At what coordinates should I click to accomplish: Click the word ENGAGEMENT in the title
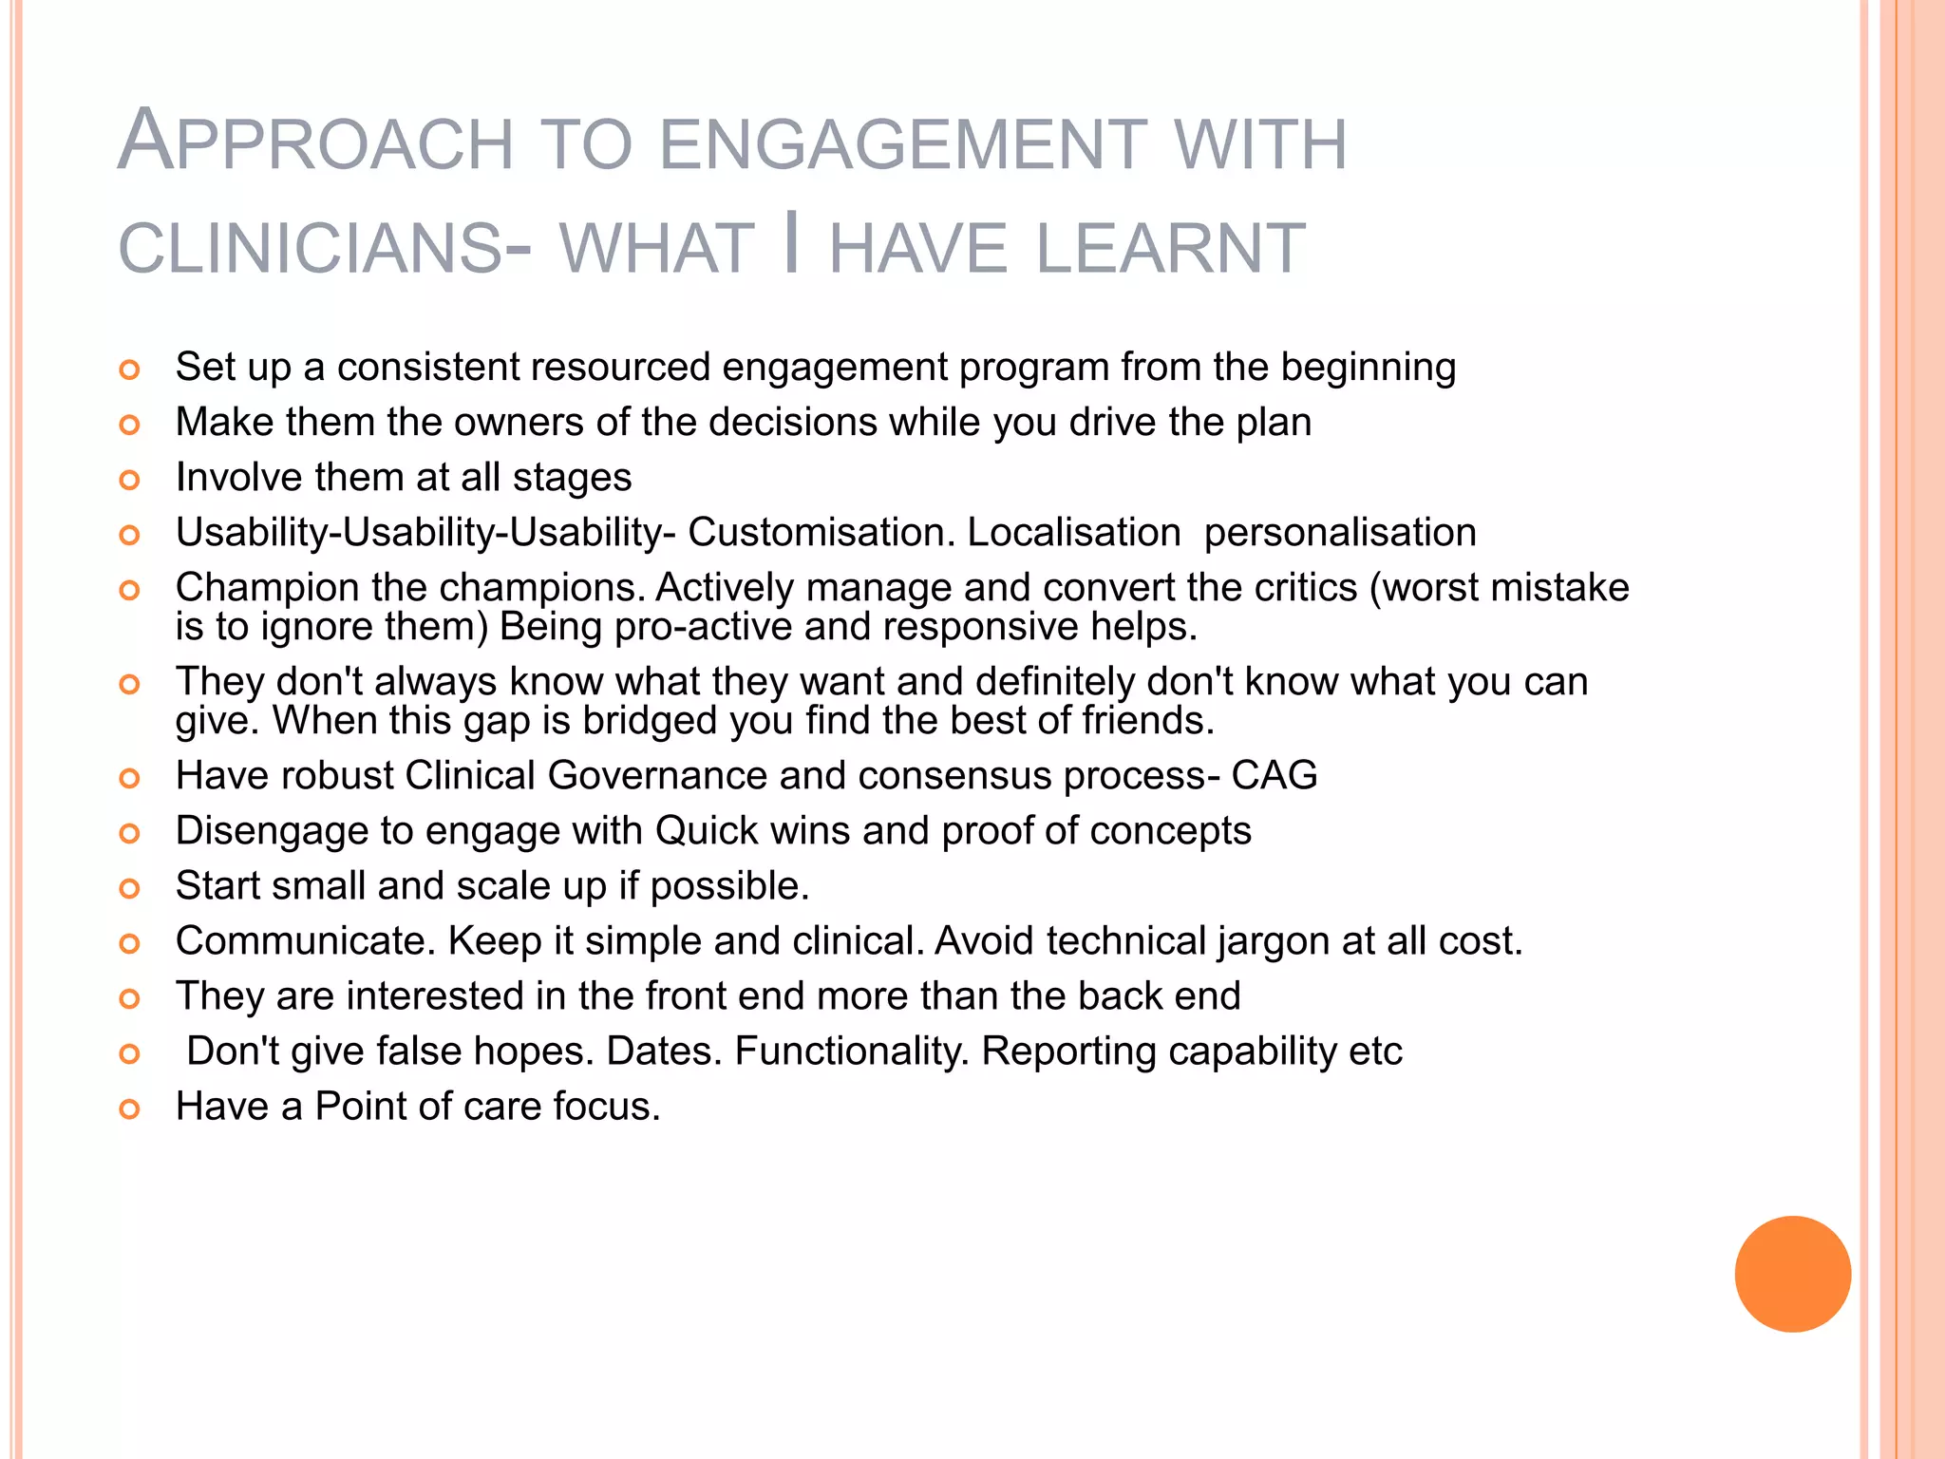point(901,144)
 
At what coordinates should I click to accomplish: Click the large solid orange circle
point(1792,1274)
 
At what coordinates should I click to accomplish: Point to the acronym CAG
point(1274,775)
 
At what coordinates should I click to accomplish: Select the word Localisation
point(1073,533)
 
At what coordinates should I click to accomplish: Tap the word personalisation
point(1340,533)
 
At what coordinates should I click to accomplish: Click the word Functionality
point(852,1052)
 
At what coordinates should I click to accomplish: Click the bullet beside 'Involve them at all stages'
point(130,480)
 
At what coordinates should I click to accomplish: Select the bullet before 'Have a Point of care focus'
point(130,1108)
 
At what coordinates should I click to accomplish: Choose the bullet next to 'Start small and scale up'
point(130,888)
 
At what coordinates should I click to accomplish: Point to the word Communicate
point(305,941)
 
